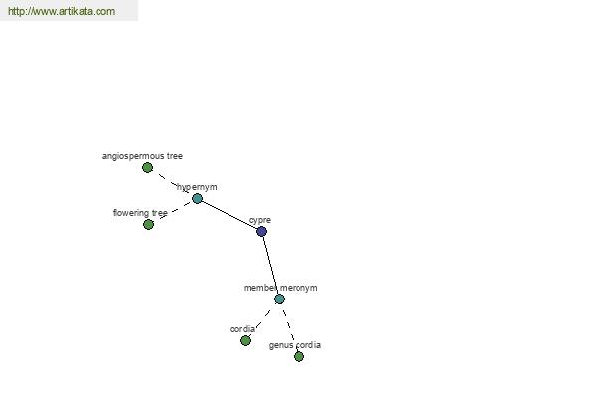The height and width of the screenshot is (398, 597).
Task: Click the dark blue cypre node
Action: point(261,231)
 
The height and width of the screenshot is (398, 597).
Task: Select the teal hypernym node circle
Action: point(197,198)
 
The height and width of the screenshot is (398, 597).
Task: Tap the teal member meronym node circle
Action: point(279,298)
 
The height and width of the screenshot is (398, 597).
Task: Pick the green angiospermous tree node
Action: point(147,167)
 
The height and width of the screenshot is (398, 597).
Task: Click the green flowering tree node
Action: point(149,224)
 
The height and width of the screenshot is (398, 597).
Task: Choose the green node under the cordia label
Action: point(245,340)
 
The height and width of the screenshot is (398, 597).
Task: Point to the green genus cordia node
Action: point(298,356)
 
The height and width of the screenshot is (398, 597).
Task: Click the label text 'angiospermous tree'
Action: point(142,156)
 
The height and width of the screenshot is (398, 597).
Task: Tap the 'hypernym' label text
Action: point(197,187)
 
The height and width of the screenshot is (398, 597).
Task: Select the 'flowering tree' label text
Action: point(140,213)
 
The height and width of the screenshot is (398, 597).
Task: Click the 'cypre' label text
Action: point(260,220)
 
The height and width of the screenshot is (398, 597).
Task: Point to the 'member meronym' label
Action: point(281,288)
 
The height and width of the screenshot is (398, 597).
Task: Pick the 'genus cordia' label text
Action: point(295,345)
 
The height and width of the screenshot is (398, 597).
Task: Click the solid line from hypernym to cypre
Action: point(229,215)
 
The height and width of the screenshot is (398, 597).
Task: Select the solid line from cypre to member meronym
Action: point(270,265)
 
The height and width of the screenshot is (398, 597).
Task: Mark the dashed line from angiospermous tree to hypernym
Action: point(173,183)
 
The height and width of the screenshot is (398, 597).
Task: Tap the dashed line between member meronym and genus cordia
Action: point(289,325)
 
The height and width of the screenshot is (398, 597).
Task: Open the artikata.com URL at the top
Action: point(62,11)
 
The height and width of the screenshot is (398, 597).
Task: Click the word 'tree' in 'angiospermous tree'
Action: point(175,156)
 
